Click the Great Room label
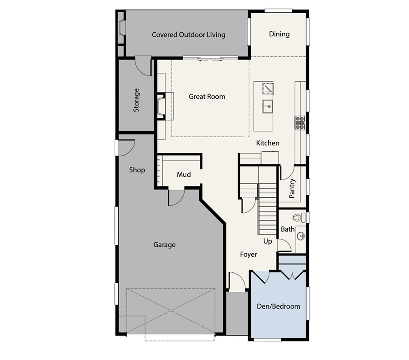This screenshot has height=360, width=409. (207, 96)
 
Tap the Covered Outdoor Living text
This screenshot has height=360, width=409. (189, 35)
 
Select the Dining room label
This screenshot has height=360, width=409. (279, 34)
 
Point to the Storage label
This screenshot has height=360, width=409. (136, 100)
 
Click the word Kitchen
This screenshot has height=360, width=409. (268, 143)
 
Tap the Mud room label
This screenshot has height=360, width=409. (184, 175)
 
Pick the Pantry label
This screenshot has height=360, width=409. (292, 188)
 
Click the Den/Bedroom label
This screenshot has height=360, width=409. (278, 306)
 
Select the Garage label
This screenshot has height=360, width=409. (165, 245)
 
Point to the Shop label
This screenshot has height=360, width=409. (137, 170)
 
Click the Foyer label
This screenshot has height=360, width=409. (249, 255)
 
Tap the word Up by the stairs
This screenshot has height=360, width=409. (268, 241)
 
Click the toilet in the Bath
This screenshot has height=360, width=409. (299, 218)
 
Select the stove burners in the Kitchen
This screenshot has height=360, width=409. (300, 123)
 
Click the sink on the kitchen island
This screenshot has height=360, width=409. (267, 106)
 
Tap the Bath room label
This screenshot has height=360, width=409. (288, 229)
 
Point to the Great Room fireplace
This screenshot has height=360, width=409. (162, 106)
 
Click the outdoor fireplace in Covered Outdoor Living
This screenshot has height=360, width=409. (121, 27)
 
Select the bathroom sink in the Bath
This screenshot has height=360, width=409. (301, 236)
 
